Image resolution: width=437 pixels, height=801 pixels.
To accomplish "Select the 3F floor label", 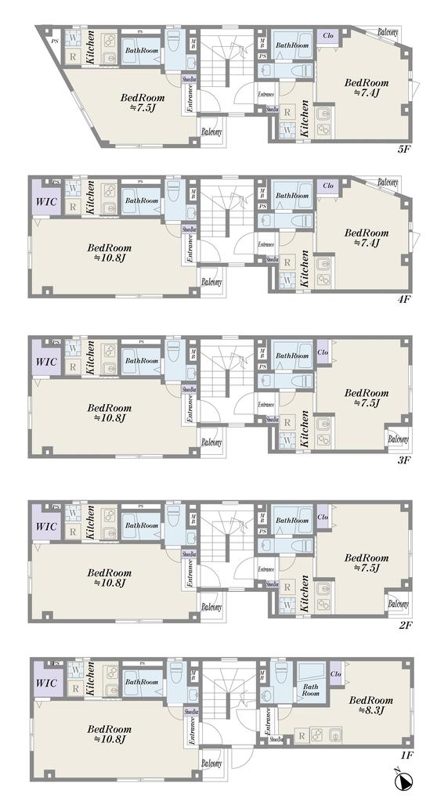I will click(403, 460).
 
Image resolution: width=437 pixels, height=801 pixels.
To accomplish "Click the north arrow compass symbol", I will click(403, 781).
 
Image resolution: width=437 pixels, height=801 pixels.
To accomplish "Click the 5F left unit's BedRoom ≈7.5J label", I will click(142, 103).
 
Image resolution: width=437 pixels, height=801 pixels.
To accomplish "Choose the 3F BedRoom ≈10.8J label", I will click(110, 413).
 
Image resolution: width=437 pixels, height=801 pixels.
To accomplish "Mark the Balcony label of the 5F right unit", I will click(388, 32).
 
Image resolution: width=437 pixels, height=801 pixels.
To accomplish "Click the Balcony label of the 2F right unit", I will click(398, 604).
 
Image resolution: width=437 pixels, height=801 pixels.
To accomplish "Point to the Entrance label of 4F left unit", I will click(190, 249).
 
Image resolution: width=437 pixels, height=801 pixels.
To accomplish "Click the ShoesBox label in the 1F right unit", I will click(276, 738).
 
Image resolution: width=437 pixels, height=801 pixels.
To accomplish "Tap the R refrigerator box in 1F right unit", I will click(301, 735).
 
